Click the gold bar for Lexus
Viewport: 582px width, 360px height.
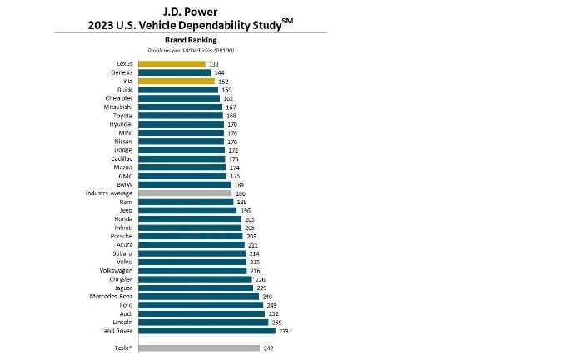(172, 63)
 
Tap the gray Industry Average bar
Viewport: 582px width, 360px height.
(185, 192)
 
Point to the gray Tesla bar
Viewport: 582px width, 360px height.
(199, 347)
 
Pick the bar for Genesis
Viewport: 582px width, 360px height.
(174, 72)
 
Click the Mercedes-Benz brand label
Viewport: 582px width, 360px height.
(110, 296)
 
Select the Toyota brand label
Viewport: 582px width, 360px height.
(122, 116)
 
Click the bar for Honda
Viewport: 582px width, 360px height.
(190, 219)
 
